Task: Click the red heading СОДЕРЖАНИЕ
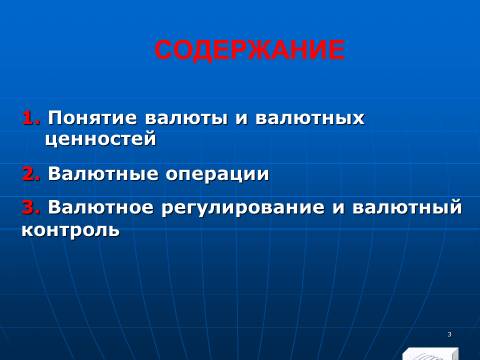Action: (249, 50)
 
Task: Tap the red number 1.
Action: (31, 118)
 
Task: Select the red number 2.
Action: (31, 174)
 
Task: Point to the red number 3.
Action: (31, 207)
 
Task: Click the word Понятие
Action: (92, 118)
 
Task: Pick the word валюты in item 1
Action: (186, 119)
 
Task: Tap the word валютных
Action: (310, 119)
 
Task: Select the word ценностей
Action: (101, 139)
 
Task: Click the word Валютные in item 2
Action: (103, 174)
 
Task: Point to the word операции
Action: (217, 175)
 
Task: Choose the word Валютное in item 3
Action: (100, 207)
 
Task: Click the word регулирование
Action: (243, 208)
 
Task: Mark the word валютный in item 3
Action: (407, 207)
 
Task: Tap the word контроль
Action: (70, 230)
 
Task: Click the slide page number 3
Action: (449, 334)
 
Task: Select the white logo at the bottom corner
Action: (431, 354)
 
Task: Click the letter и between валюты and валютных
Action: (242, 119)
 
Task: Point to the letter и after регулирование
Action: (339, 207)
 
